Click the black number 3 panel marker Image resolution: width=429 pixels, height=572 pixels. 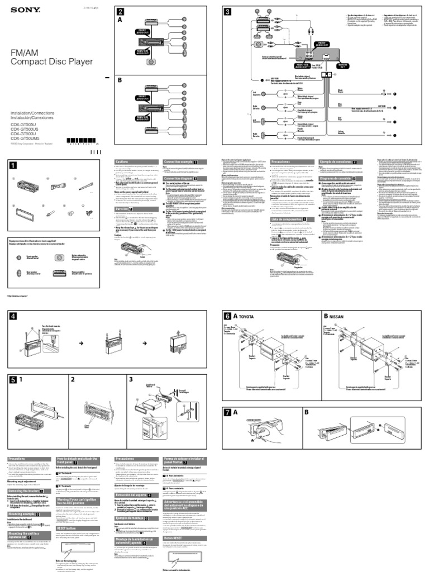tap(227, 12)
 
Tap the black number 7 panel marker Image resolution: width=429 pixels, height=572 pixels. tap(228, 413)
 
